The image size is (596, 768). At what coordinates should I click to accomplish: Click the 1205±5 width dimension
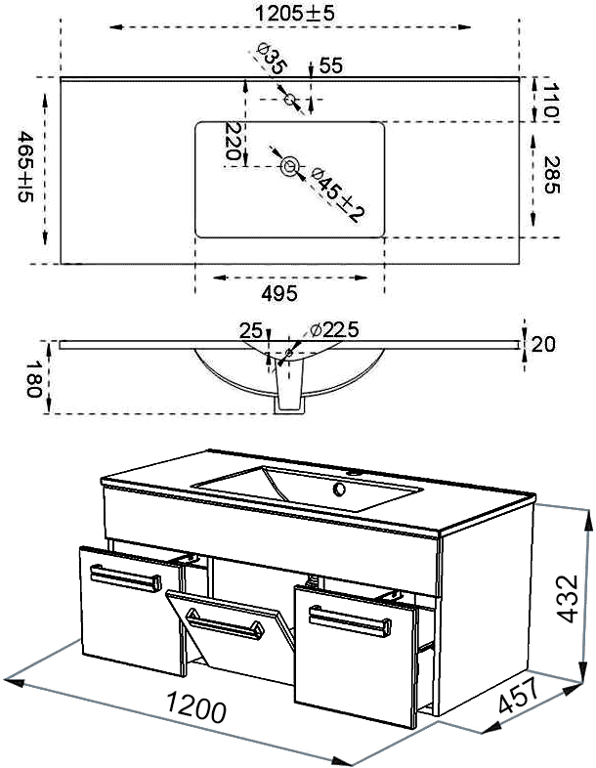tap(294, 13)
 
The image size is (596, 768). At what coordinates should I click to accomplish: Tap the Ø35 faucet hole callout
tap(271, 59)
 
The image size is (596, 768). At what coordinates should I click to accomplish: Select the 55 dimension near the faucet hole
tap(331, 65)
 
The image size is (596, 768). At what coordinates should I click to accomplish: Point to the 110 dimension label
tap(551, 100)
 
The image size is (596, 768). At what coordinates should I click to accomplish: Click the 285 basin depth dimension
tap(552, 175)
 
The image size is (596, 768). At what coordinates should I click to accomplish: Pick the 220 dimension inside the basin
tap(233, 141)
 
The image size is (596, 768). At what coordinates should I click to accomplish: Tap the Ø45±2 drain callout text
tap(338, 194)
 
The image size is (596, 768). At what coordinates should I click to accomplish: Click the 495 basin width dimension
tap(279, 293)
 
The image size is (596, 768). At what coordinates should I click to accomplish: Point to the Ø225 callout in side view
tap(334, 329)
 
